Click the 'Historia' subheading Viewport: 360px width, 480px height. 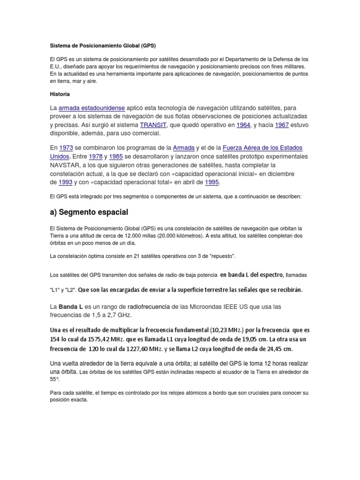point(60,94)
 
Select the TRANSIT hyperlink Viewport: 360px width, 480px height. point(153,125)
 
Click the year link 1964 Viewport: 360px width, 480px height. point(243,125)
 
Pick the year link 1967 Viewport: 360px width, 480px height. point(281,125)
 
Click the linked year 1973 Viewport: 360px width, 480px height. point(67,148)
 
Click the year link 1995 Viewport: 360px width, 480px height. point(212,182)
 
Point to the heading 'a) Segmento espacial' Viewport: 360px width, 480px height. point(89,212)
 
